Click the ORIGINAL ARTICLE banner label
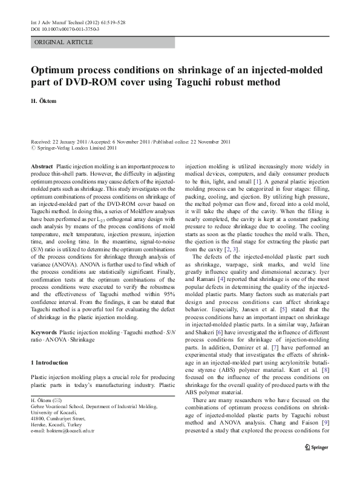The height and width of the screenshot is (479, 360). point(64,42)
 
